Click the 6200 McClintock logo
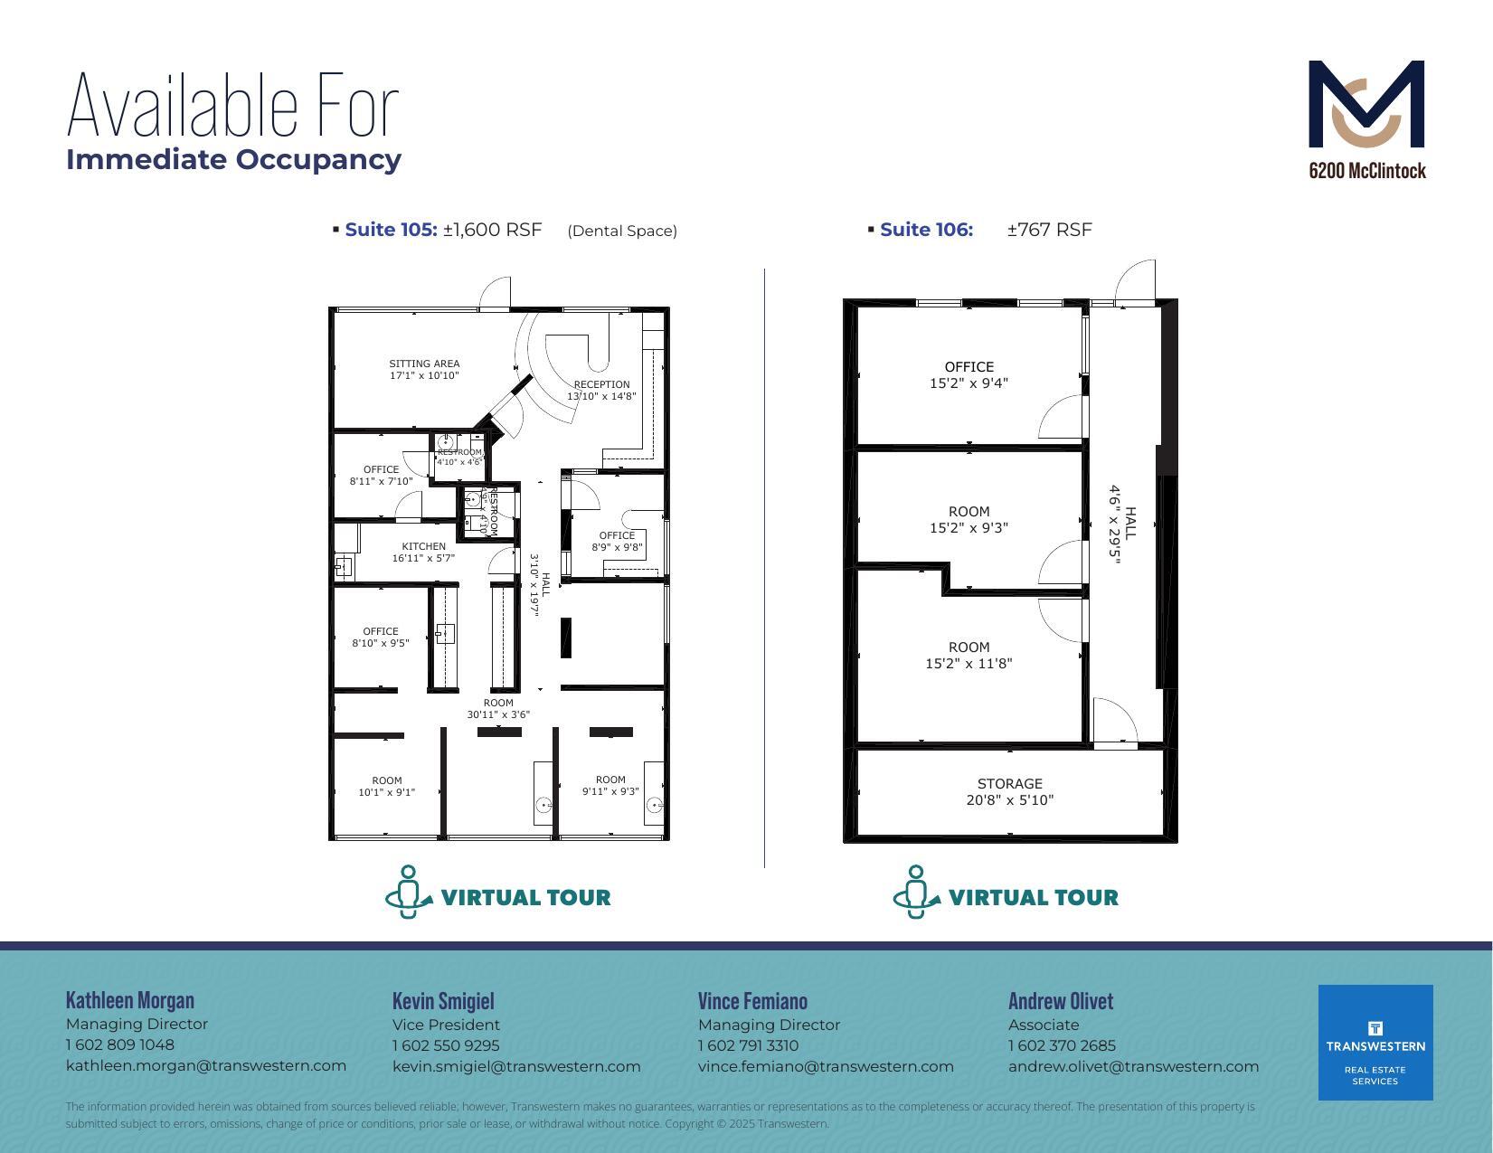click(1366, 118)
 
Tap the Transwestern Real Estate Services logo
click(1375, 1042)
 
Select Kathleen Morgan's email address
click(206, 1065)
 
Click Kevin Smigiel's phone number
click(446, 1045)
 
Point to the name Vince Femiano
click(752, 1001)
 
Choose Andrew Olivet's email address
click(1133, 1066)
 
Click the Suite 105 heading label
click(391, 230)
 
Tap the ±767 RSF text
click(1049, 230)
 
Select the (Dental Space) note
click(622, 231)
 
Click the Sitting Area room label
click(424, 364)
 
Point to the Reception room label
click(601, 384)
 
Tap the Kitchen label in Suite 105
click(423, 546)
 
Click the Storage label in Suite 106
click(1009, 784)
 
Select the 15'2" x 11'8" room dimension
click(969, 663)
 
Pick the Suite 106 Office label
click(969, 367)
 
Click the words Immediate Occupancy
click(234, 159)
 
